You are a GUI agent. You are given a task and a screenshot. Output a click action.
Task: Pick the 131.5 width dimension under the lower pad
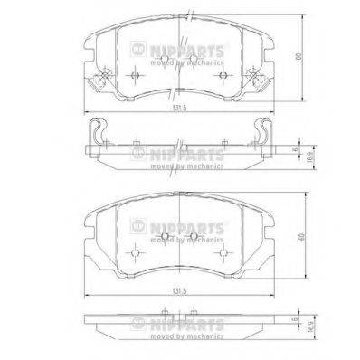179,291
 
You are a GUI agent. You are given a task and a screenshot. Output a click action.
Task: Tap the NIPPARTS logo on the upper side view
168,154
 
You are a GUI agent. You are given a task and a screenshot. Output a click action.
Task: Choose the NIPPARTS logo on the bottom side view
168,326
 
